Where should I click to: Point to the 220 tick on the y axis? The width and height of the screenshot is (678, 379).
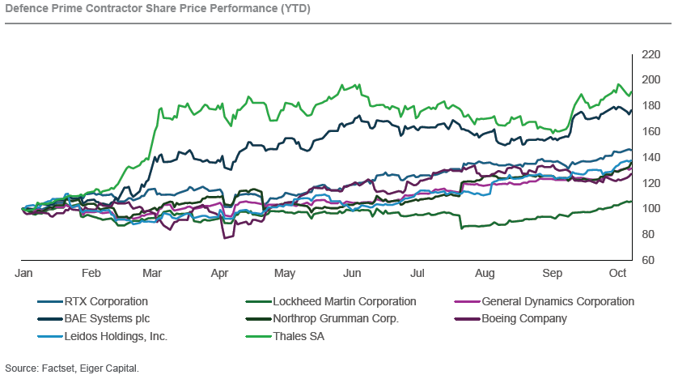[x=650, y=54]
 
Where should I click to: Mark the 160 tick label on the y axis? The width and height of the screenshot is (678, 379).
[x=650, y=131]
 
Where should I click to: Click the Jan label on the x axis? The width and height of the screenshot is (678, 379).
[x=23, y=275]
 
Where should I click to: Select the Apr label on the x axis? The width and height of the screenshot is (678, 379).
[x=220, y=275]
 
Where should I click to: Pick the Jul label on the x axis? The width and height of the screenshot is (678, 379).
[x=417, y=275]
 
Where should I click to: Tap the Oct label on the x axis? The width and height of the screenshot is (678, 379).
[x=617, y=275]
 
